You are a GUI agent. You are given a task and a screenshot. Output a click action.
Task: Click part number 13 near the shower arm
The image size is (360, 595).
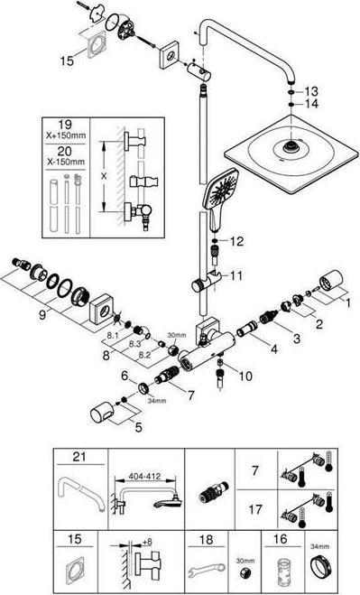coord(311,91)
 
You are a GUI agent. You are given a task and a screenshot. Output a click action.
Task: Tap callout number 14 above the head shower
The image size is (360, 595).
coord(311,105)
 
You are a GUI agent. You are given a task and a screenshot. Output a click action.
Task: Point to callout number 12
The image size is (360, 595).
coord(237,241)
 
